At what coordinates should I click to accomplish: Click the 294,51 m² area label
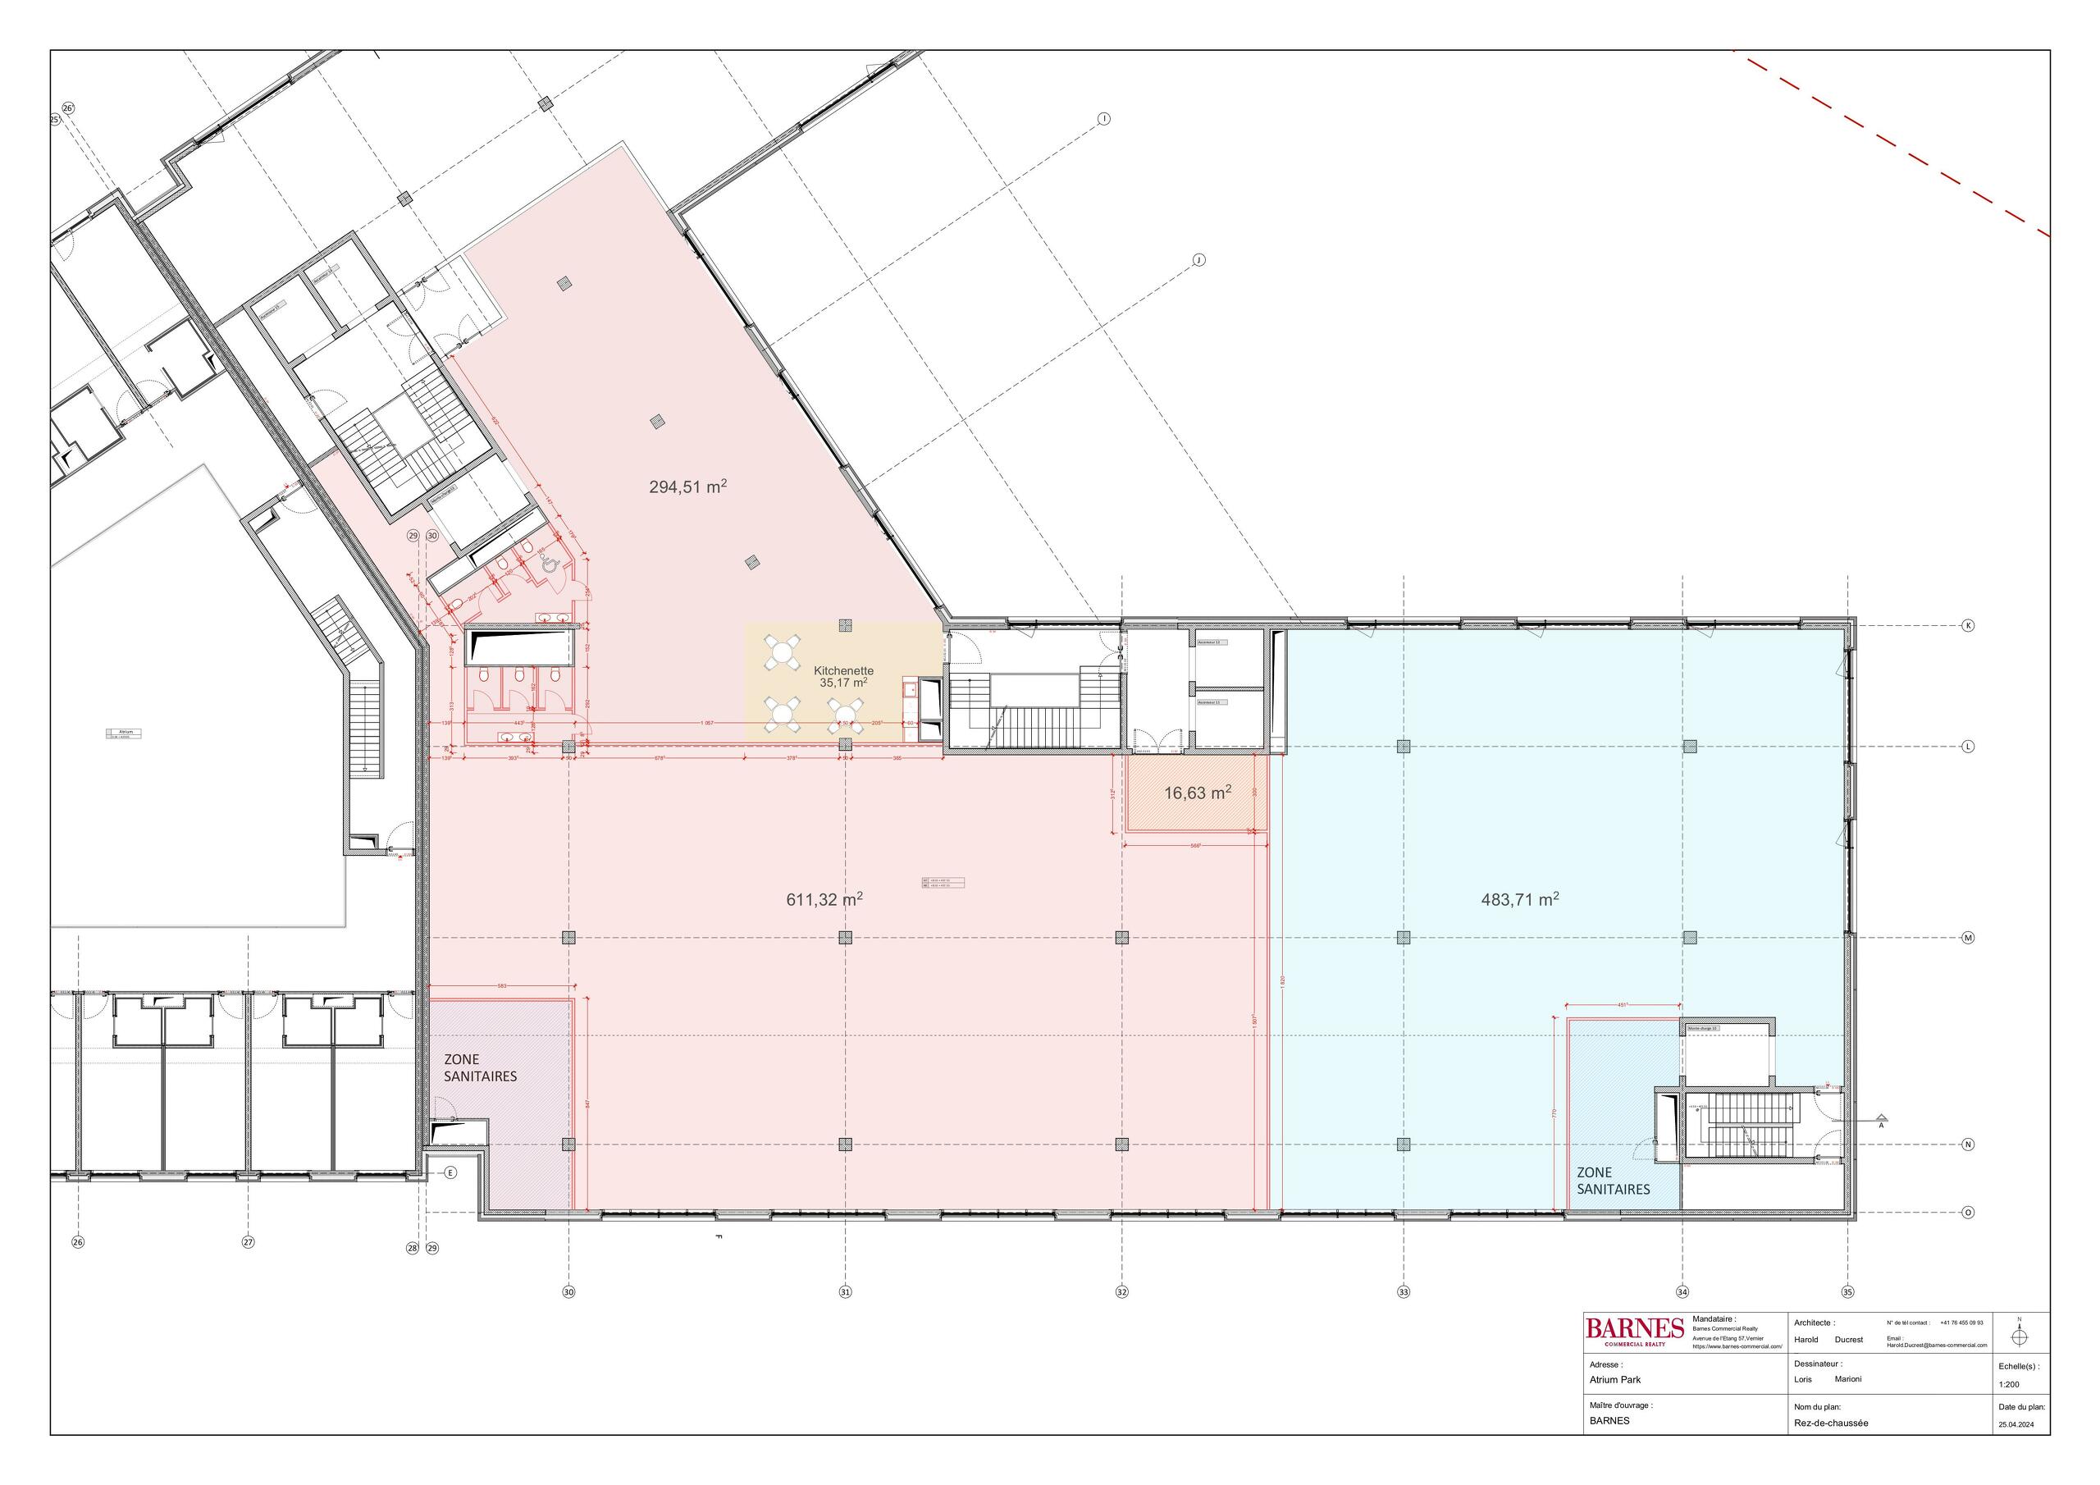coord(687,487)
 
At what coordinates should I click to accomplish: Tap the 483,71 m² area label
coord(1519,899)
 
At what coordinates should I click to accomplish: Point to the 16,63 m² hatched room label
coord(1196,793)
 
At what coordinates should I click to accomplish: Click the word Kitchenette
coord(843,670)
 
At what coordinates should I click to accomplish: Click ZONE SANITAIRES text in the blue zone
coord(1613,1181)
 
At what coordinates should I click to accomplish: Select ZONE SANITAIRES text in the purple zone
coord(480,1067)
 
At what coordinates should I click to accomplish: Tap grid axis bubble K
coord(1968,626)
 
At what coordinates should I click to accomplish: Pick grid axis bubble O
coord(1968,1213)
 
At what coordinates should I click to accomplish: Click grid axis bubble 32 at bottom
coord(1122,1292)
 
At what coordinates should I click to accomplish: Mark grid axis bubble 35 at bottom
coord(1847,1292)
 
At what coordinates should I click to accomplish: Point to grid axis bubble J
coord(1199,260)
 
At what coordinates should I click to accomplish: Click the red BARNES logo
coord(1634,1328)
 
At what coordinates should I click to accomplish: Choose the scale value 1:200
coord(2009,1384)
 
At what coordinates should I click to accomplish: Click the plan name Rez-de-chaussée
coord(1831,1423)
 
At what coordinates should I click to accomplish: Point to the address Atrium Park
coord(1615,1380)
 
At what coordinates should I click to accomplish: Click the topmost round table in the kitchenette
coord(783,651)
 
